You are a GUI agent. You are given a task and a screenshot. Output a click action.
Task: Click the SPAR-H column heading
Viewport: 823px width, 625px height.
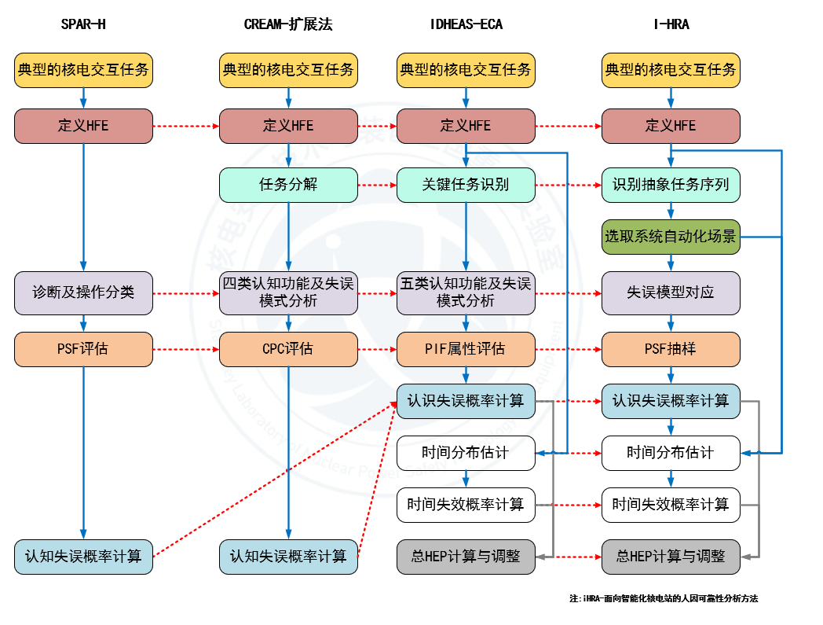[83, 24]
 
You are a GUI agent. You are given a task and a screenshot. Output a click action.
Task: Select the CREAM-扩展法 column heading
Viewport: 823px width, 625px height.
[288, 24]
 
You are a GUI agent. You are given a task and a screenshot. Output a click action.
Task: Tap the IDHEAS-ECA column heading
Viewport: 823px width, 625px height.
[466, 24]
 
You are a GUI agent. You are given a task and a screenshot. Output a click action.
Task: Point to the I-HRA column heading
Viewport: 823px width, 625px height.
[671, 24]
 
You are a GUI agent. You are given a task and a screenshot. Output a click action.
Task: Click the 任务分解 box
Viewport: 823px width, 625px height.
[288, 185]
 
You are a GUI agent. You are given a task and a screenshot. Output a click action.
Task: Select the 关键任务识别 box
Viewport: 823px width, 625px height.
[466, 185]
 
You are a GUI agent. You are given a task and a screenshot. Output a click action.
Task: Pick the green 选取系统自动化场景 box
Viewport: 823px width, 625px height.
[671, 237]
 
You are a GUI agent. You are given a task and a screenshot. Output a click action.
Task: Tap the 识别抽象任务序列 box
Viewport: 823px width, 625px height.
[671, 185]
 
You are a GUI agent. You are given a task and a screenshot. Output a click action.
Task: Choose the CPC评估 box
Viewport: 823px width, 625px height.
[288, 349]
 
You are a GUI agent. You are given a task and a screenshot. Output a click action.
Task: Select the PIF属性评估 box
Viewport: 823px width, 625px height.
[466, 349]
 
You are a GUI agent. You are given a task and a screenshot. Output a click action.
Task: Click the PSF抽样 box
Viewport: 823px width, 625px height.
[671, 349]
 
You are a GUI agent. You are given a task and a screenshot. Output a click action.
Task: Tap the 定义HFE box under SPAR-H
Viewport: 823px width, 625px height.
[83, 126]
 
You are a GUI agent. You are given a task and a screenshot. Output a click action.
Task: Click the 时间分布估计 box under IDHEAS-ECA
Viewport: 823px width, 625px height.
[466, 453]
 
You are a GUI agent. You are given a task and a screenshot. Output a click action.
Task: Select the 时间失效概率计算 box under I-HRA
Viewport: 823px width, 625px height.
[671, 505]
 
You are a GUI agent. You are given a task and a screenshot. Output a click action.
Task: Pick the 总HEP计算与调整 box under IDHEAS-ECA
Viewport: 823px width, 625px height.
[466, 557]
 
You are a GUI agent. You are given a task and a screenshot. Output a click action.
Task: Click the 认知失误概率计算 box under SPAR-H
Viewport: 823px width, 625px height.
[83, 557]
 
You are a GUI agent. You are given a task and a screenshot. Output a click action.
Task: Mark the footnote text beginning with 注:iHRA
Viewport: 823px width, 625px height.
[664, 599]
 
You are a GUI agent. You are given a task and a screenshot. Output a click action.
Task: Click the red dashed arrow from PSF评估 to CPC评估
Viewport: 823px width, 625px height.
[185, 349]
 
